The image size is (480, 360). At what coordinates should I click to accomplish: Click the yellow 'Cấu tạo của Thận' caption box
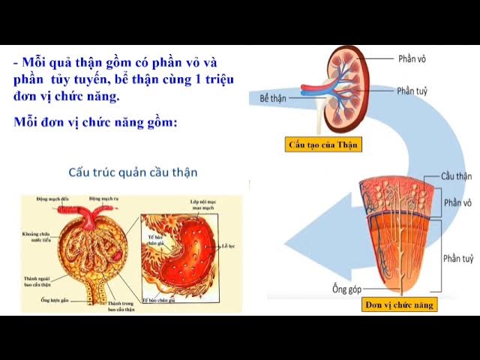[324, 145]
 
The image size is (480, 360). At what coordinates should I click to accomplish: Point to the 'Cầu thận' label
[457, 176]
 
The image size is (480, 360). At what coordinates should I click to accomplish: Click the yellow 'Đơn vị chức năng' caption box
[399, 305]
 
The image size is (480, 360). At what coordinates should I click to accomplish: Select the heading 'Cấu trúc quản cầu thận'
[133, 172]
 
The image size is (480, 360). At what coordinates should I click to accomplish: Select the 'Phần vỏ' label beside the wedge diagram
[457, 203]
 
